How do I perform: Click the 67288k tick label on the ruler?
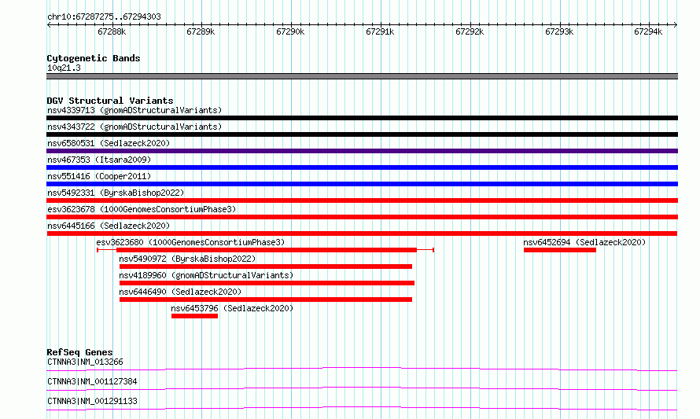[112, 31]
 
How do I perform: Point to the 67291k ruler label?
[380, 31]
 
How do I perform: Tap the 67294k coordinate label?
[648, 31]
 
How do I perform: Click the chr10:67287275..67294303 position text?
[104, 17]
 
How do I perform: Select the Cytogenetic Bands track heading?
[94, 58]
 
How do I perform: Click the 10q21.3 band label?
[64, 68]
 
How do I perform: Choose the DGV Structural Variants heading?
[110, 101]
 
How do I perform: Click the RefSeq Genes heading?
[79, 352]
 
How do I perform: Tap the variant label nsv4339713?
[71, 110]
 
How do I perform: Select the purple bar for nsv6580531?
[362, 151]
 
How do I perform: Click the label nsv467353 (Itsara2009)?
[99, 160]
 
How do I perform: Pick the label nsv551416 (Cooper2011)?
[99, 176]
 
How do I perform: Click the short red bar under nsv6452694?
[560, 250]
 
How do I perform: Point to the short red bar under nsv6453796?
[194, 316]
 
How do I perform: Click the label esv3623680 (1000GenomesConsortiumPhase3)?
[190, 242]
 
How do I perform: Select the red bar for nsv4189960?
[267, 283]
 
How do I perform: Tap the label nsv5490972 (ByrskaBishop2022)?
[187, 259]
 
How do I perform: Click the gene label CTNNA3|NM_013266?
[85, 362]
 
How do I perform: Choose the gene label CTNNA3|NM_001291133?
[92, 401]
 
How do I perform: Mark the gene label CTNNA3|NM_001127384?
[92, 381]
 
